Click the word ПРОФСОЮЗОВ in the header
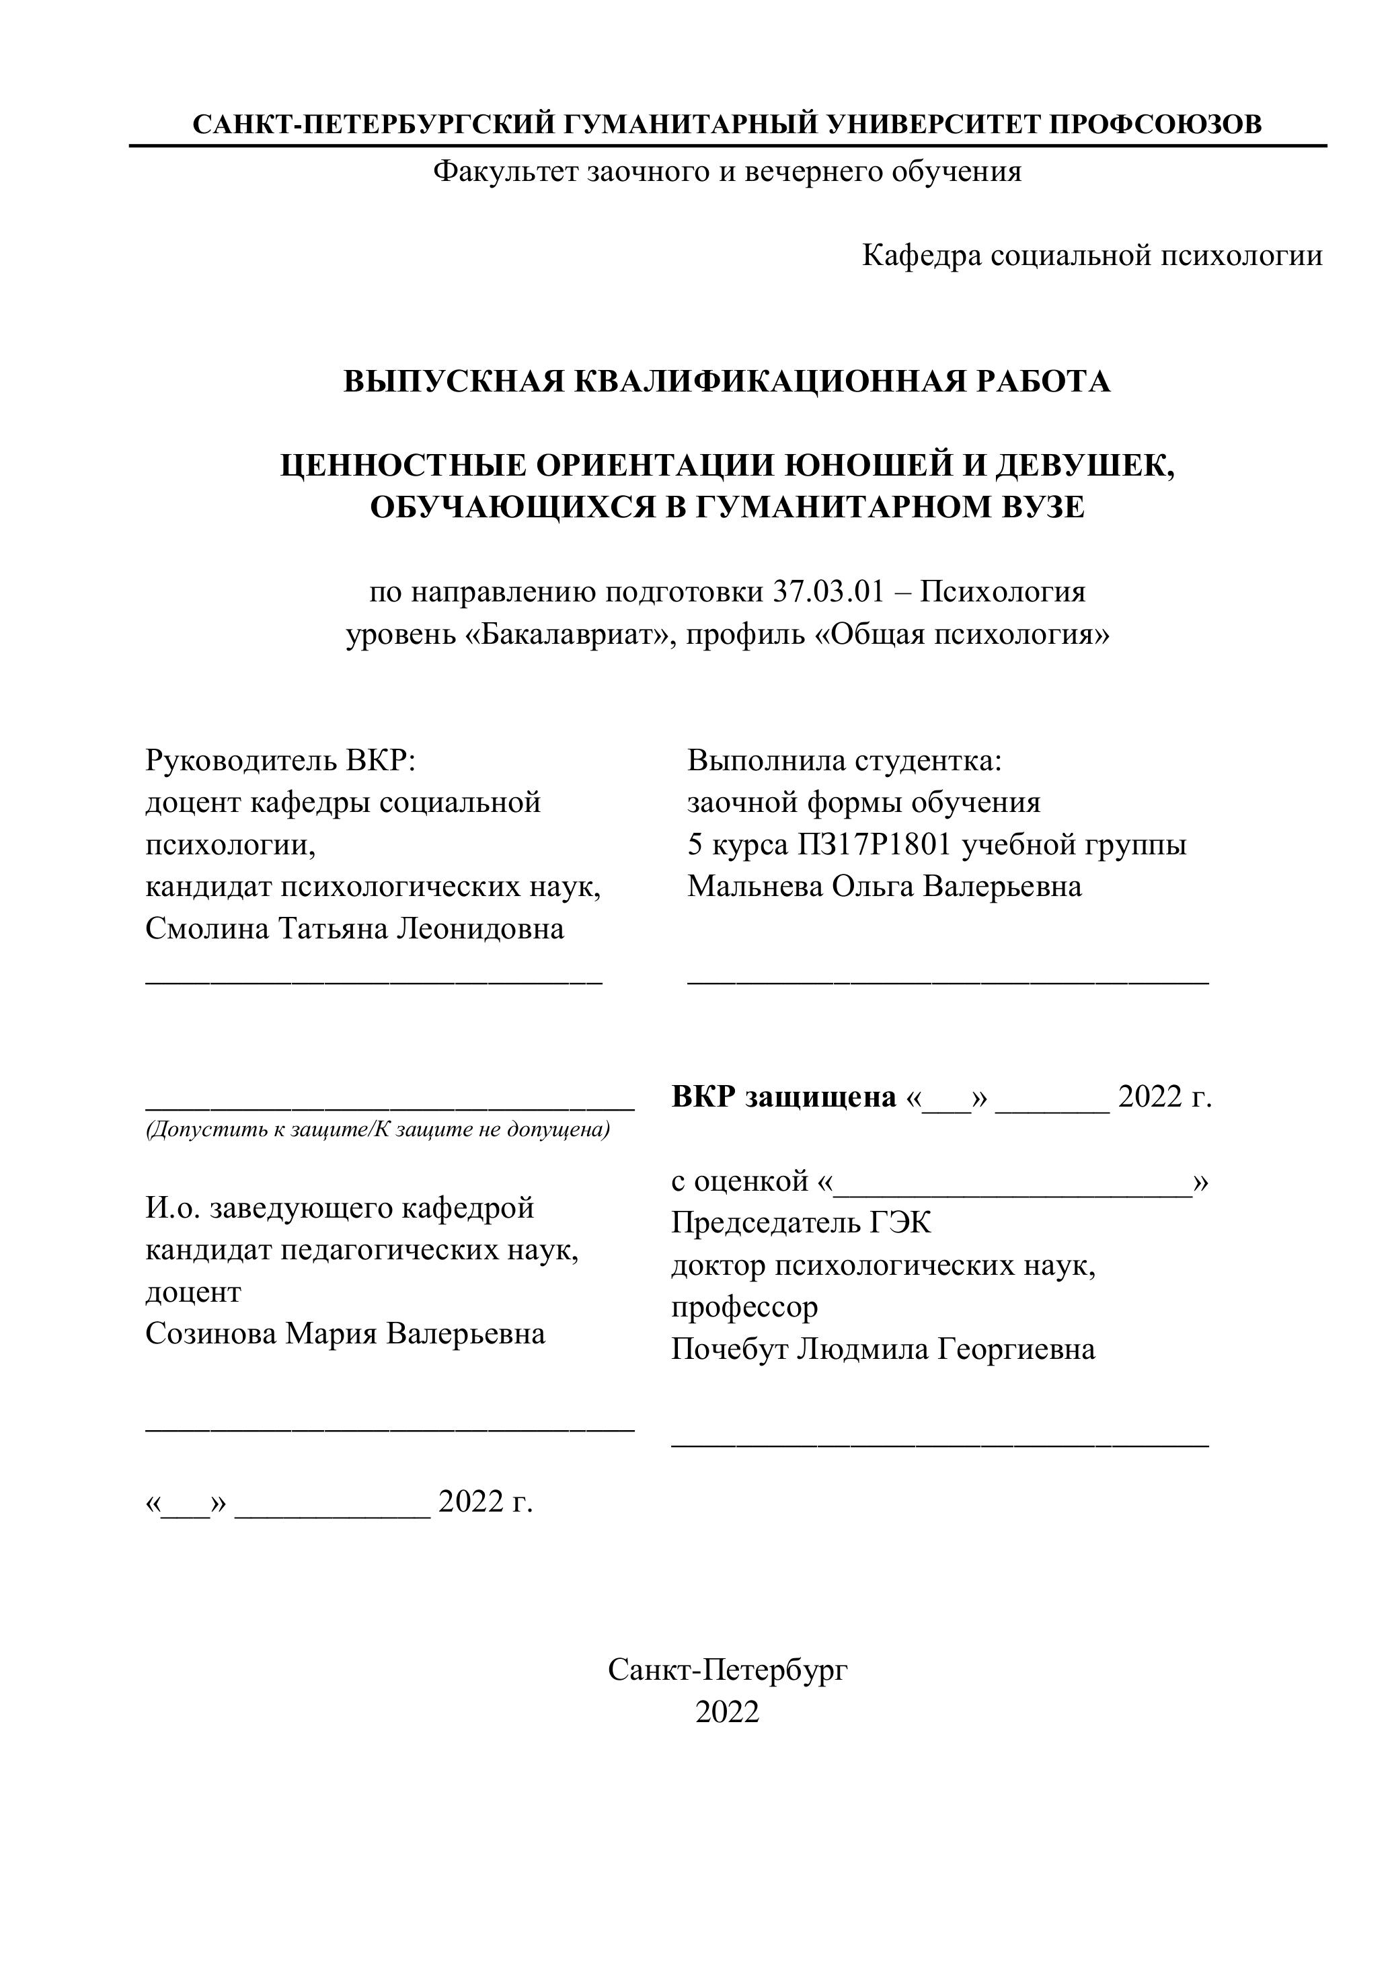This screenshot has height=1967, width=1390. (x=1155, y=124)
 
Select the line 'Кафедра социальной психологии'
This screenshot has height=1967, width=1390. (x=1092, y=256)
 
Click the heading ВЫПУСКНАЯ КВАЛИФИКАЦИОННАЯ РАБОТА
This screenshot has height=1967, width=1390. (x=727, y=381)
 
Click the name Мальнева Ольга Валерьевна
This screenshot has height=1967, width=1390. (x=884, y=887)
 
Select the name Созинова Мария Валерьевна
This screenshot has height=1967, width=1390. (x=345, y=1334)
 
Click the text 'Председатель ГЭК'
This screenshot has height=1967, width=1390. (x=801, y=1222)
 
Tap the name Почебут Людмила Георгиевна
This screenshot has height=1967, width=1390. (x=883, y=1349)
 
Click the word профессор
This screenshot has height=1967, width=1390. (x=744, y=1307)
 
